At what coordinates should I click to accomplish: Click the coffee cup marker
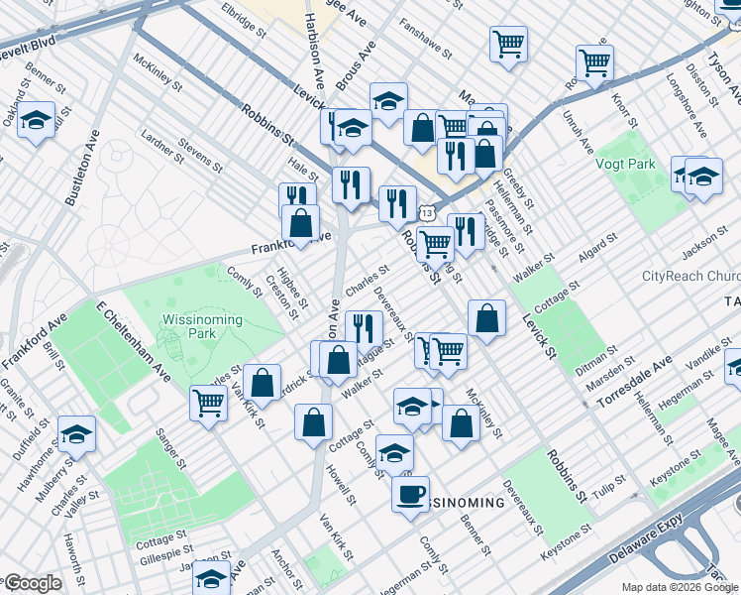409,493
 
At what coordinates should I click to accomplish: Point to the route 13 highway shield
425,213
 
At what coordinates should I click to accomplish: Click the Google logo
32,583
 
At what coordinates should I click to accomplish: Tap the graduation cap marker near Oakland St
37,120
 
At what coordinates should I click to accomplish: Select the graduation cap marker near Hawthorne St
75,434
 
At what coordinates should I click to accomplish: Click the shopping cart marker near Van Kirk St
209,402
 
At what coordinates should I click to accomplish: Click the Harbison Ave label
315,44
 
